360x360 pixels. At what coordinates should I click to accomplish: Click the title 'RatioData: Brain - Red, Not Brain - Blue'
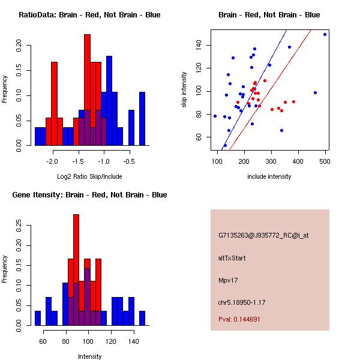[x=89, y=15]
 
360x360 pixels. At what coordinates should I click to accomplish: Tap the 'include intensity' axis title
[x=269, y=177]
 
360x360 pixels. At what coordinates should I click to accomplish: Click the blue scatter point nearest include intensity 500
[x=325, y=34]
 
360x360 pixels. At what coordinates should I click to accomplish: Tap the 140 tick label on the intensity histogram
[x=133, y=341]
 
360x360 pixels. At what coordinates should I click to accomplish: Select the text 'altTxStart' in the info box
[x=232, y=258]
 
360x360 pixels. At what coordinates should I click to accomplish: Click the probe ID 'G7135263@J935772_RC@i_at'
[x=263, y=236]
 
